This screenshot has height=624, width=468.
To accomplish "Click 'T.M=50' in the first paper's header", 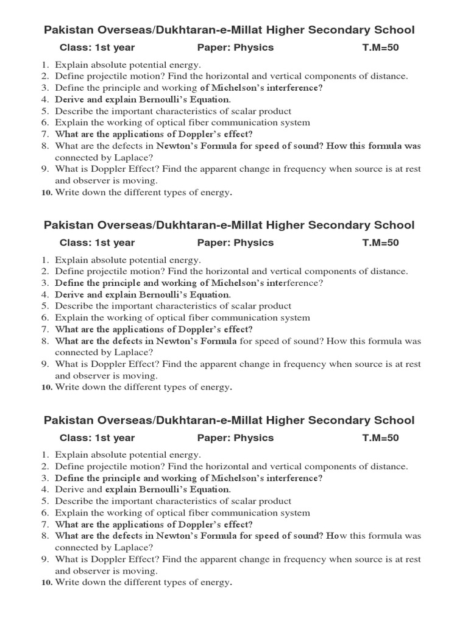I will point(380,48).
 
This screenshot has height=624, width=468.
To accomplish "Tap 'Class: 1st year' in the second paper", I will point(97,243).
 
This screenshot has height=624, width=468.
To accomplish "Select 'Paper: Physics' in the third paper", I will point(235,438).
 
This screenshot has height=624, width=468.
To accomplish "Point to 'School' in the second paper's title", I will point(395,225).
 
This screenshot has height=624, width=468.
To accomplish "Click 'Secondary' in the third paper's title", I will point(338,420).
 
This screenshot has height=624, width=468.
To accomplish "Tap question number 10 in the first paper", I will point(46,193).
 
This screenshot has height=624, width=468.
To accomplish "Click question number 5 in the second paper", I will point(45,306).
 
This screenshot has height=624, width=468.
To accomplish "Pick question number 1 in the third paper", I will point(45,455).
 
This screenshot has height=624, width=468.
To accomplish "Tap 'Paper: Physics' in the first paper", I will point(235,48).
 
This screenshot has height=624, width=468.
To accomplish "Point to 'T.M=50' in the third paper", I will point(380,438).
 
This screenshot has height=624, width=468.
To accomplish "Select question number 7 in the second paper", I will point(45,329).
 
